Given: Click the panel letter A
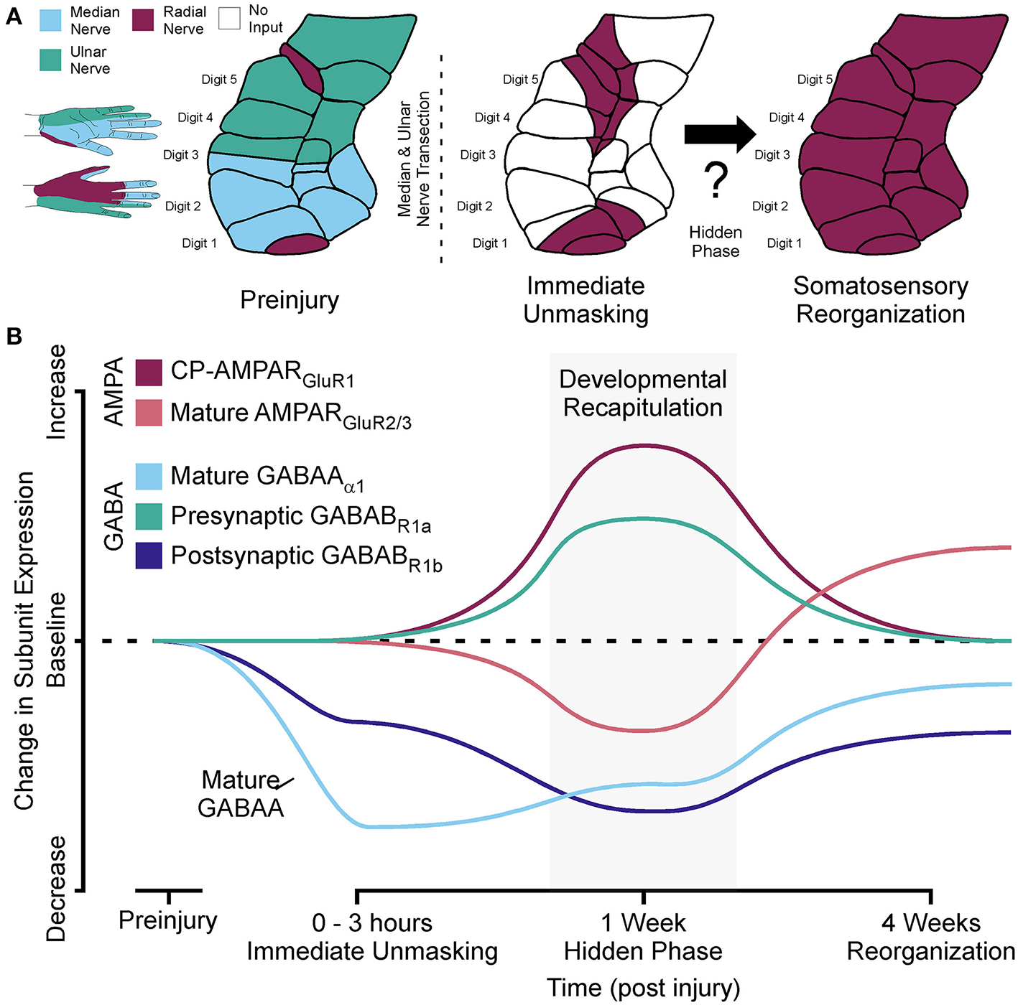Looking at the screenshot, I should [x=13, y=16].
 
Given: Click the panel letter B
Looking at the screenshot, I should [x=13, y=336].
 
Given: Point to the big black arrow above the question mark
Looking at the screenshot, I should [x=719, y=134].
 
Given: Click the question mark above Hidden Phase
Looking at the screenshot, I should [x=716, y=181].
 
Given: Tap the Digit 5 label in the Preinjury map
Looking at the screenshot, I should [x=218, y=80].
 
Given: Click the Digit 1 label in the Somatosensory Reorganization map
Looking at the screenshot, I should [x=784, y=243].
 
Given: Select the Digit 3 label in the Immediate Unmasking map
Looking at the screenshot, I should [x=478, y=154].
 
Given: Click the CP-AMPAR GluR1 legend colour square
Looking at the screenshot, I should [x=149, y=372].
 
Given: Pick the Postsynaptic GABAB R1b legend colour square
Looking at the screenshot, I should [x=149, y=556].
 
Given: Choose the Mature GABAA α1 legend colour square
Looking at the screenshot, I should [x=149, y=476].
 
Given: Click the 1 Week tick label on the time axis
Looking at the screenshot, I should [x=643, y=922].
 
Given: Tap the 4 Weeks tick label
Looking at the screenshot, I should [x=930, y=922].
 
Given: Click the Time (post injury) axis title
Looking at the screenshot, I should [x=643, y=988].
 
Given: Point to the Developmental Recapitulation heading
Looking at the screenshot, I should [x=643, y=393].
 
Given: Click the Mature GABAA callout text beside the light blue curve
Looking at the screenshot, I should [x=241, y=794].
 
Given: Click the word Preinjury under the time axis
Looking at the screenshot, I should [x=167, y=920].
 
